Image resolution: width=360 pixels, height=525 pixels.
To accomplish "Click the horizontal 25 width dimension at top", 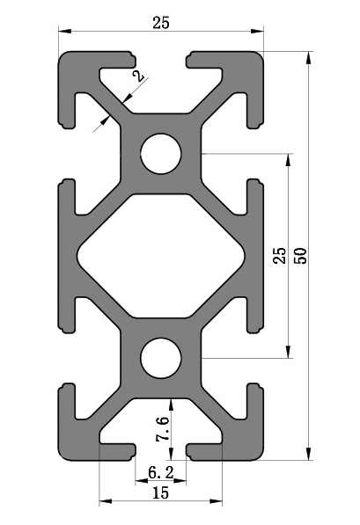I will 160,23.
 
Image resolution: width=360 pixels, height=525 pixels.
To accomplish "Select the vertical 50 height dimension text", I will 301,256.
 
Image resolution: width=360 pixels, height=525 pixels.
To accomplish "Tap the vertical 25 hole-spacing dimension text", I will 279,256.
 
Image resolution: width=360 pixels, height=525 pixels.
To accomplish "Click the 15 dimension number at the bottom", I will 160,493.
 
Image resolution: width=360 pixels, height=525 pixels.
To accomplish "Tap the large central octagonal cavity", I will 160,256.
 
